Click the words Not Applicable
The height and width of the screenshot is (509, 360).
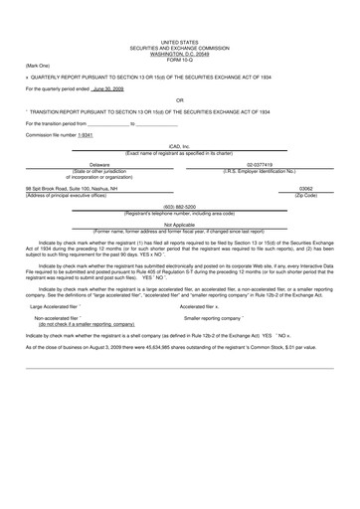click(x=179, y=225)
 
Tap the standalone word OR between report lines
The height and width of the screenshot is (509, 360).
click(x=179, y=100)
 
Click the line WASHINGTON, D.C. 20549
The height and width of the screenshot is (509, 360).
click(x=179, y=53)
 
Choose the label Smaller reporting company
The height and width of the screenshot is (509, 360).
click(x=225, y=318)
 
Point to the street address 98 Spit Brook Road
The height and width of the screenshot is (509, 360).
click(x=58, y=188)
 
